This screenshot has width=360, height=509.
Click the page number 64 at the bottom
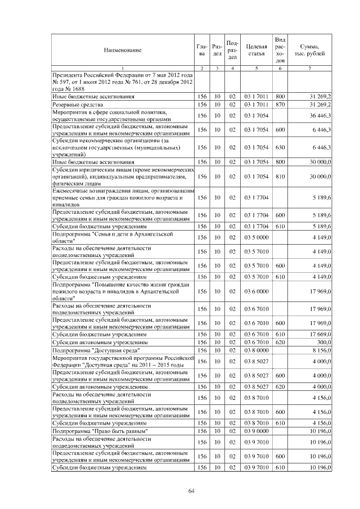[x=191, y=490]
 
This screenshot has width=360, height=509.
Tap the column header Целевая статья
[x=256, y=50]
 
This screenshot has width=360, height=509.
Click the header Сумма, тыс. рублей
[x=309, y=50]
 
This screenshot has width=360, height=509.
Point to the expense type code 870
[x=280, y=105]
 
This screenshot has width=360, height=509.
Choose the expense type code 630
[x=280, y=147]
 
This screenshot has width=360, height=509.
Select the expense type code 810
[x=280, y=177]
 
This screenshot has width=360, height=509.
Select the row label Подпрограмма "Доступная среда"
[x=93, y=349]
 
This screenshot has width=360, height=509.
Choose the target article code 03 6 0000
[x=256, y=291]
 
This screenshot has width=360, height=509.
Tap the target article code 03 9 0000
[x=256, y=430]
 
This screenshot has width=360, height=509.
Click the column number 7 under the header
[x=309, y=68]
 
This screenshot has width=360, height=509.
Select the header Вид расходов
[x=280, y=50]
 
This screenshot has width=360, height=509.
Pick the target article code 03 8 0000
[x=256, y=349]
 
